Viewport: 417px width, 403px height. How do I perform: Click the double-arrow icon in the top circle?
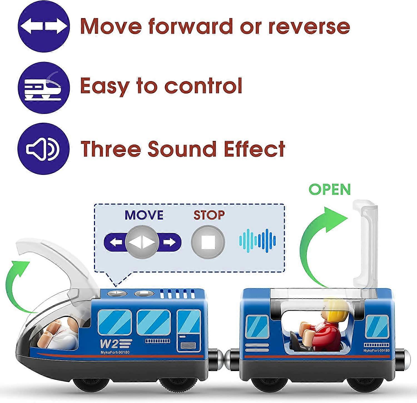click(x=43, y=26)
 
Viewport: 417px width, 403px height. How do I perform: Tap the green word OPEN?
click(x=330, y=190)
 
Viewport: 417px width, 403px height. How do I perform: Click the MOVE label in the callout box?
click(x=144, y=215)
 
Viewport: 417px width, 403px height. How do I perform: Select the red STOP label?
click(x=209, y=215)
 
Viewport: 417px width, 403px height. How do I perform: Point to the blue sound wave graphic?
click(x=257, y=241)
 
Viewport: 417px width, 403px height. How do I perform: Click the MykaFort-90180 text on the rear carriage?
click(x=376, y=350)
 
